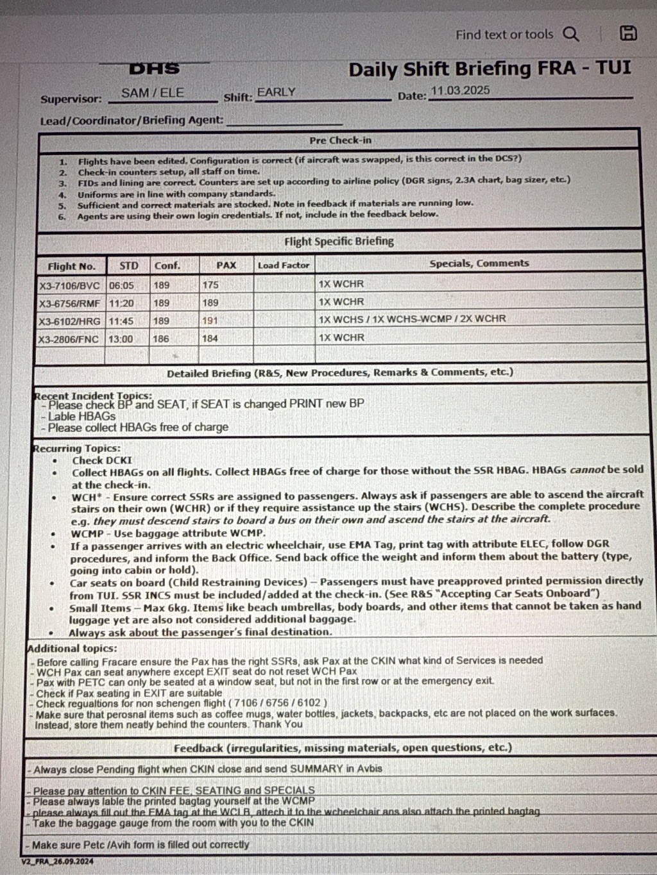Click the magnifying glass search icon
[x=570, y=34]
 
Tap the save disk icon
[x=628, y=33]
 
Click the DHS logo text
[x=154, y=69]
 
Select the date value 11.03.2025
[x=460, y=90]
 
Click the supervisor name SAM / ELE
[x=153, y=93]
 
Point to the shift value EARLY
[x=276, y=92]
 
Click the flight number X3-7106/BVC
[x=69, y=286]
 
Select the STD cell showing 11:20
[x=121, y=303]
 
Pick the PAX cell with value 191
[x=210, y=321]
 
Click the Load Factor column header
[x=283, y=265]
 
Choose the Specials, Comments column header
[x=479, y=263]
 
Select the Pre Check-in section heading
[x=340, y=140]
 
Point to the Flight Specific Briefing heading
[x=339, y=242]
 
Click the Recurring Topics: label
[x=77, y=448]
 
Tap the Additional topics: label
[x=72, y=648]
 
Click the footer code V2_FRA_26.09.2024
[x=57, y=861]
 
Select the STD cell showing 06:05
[x=121, y=285]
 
